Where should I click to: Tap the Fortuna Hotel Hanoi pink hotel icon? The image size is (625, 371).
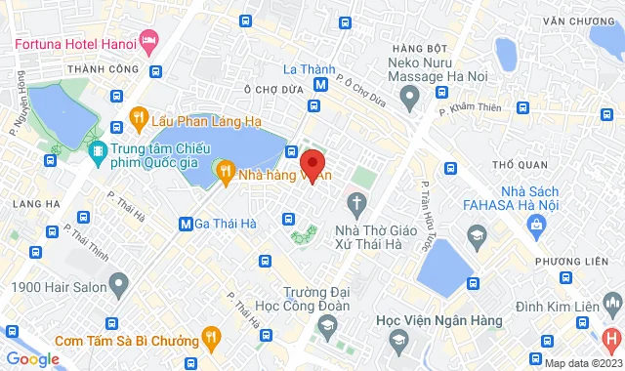148,42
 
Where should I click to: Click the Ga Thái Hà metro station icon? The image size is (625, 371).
186,224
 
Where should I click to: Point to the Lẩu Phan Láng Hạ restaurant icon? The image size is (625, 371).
138,120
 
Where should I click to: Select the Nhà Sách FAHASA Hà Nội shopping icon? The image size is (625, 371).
535,226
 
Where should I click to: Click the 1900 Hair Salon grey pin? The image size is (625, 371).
119,286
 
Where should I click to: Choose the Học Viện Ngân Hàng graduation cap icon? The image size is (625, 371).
397,339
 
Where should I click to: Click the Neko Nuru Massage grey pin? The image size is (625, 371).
411,95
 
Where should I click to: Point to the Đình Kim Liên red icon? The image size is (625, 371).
612,339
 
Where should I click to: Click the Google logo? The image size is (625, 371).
32,359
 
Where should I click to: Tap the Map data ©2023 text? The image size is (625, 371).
583,363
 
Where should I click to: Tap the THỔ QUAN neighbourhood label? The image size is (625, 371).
518,163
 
